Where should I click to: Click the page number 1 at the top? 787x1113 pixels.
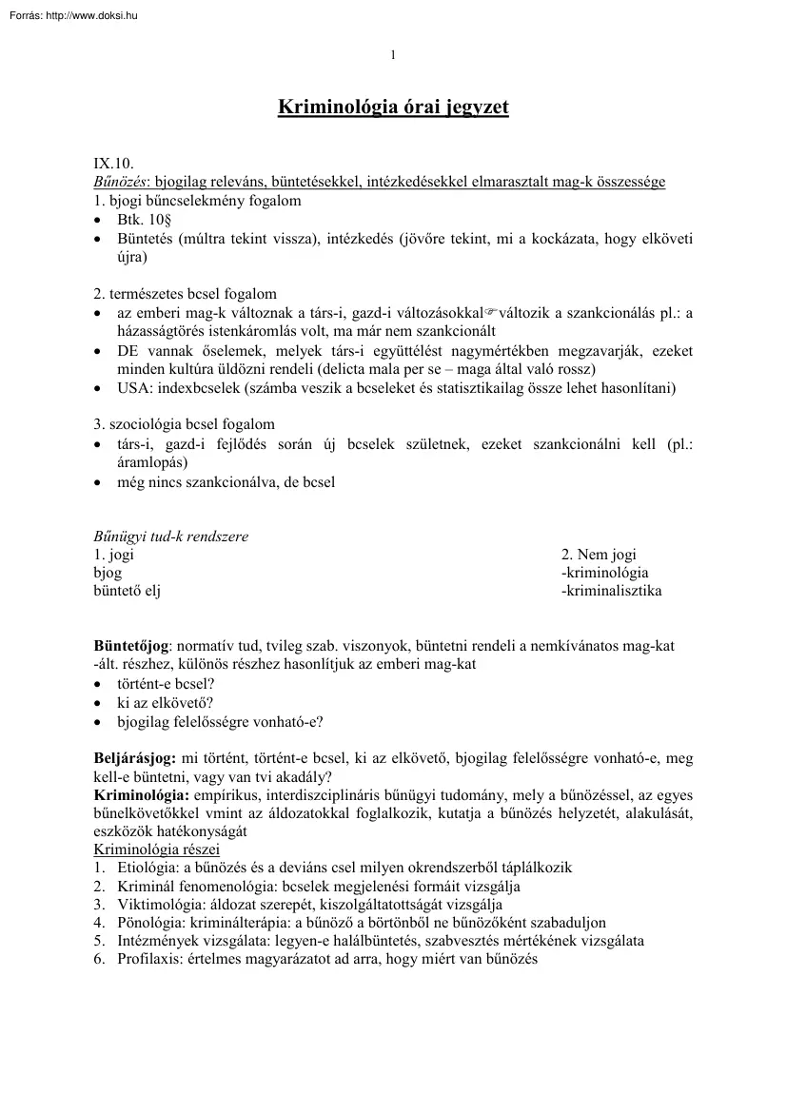point(393,55)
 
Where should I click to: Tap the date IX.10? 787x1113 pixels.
point(113,165)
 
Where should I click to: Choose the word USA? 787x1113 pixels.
point(133,388)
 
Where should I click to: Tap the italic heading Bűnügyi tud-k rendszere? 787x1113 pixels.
point(170,537)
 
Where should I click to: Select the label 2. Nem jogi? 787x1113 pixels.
point(599,555)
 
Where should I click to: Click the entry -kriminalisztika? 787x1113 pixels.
point(612,591)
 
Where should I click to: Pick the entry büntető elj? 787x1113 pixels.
point(127,591)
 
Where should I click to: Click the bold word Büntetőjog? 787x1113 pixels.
point(130,646)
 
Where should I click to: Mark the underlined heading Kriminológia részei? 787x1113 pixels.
point(156,849)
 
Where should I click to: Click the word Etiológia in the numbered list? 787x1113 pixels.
point(148,868)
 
